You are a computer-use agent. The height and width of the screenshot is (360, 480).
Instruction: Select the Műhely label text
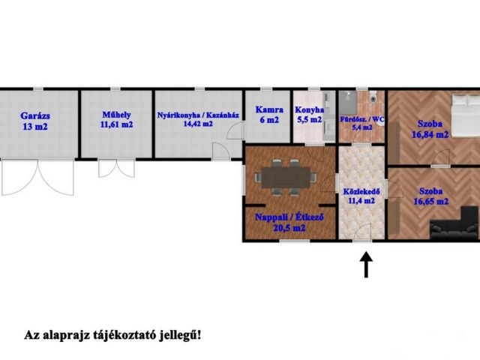pos(116,115)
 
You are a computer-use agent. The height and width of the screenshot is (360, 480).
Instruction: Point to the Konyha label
pos(308,109)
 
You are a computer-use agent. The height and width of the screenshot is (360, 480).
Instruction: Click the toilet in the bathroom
pos(373,98)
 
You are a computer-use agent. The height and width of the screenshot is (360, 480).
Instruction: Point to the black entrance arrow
pos(366,265)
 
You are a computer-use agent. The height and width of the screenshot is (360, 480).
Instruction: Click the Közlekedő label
pos(361,190)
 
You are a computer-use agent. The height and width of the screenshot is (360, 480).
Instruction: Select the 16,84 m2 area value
pos(430,135)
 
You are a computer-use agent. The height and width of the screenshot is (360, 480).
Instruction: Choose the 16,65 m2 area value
pos(430,202)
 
